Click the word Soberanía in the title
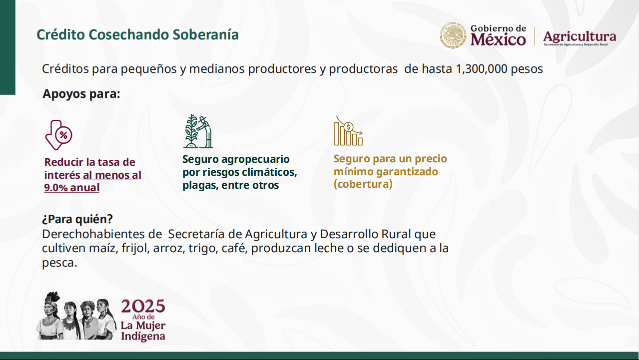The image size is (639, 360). [x=205, y=34]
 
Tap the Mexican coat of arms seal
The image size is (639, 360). [x=453, y=35]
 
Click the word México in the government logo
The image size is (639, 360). [x=498, y=39]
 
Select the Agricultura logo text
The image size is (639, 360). [x=580, y=37]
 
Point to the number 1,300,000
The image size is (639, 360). [x=482, y=69]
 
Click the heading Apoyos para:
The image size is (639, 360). [x=81, y=94]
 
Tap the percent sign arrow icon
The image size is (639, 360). [x=59, y=135]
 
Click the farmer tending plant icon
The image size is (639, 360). [x=198, y=131]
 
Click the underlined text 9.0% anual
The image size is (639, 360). [x=71, y=188]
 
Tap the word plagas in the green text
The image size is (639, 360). [x=200, y=185]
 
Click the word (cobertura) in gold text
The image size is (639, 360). [x=363, y=184]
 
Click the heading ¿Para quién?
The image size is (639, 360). [x=77, y=219]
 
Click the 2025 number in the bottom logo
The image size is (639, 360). [x=143, y=306]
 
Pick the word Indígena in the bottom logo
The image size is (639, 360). [x=143, y=336]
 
